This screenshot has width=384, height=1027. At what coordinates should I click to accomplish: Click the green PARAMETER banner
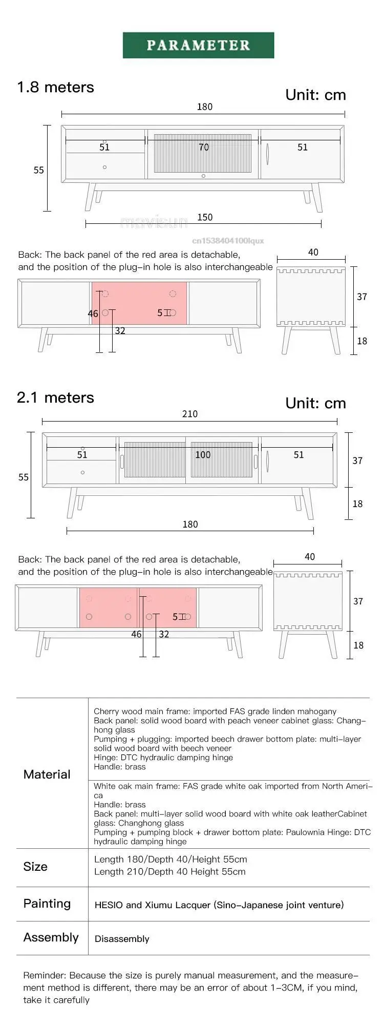tap(198, 45)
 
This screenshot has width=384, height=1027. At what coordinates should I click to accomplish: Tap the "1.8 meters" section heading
tap(55, 87)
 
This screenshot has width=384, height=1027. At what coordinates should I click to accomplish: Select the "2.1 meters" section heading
tap(55, 397)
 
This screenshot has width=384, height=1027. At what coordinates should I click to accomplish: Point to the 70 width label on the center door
tap(204, 148)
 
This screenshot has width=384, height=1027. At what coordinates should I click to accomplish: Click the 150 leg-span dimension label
tap(205, 217)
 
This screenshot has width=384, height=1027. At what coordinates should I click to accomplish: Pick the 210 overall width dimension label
tap(189, 414)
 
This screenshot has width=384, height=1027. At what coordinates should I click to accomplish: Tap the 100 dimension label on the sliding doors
tap(203, 455)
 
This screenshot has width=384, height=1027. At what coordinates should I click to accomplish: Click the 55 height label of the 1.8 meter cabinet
tap(39, 170)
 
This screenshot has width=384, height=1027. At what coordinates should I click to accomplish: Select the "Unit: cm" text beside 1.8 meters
tap(315, 95)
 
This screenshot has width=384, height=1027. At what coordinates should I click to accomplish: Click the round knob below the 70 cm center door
tap(203, 176)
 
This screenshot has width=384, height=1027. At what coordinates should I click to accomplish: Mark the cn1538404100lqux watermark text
tap(228, 240)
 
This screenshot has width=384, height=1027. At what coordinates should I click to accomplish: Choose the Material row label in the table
tap(47, 774)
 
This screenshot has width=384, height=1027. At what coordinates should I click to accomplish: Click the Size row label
tap(35, 866)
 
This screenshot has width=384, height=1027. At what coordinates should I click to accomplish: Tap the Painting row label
tap(47, 903)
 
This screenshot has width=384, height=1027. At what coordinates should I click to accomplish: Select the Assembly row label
tap(51, 937)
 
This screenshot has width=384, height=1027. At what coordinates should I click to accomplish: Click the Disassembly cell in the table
tap(122, 939)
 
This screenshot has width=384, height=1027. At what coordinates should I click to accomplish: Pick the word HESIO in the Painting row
tap(109, 905)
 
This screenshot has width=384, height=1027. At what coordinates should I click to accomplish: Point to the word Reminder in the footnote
tap(44, 975)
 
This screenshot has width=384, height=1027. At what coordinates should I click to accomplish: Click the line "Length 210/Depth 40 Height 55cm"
tap(169, 872)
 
